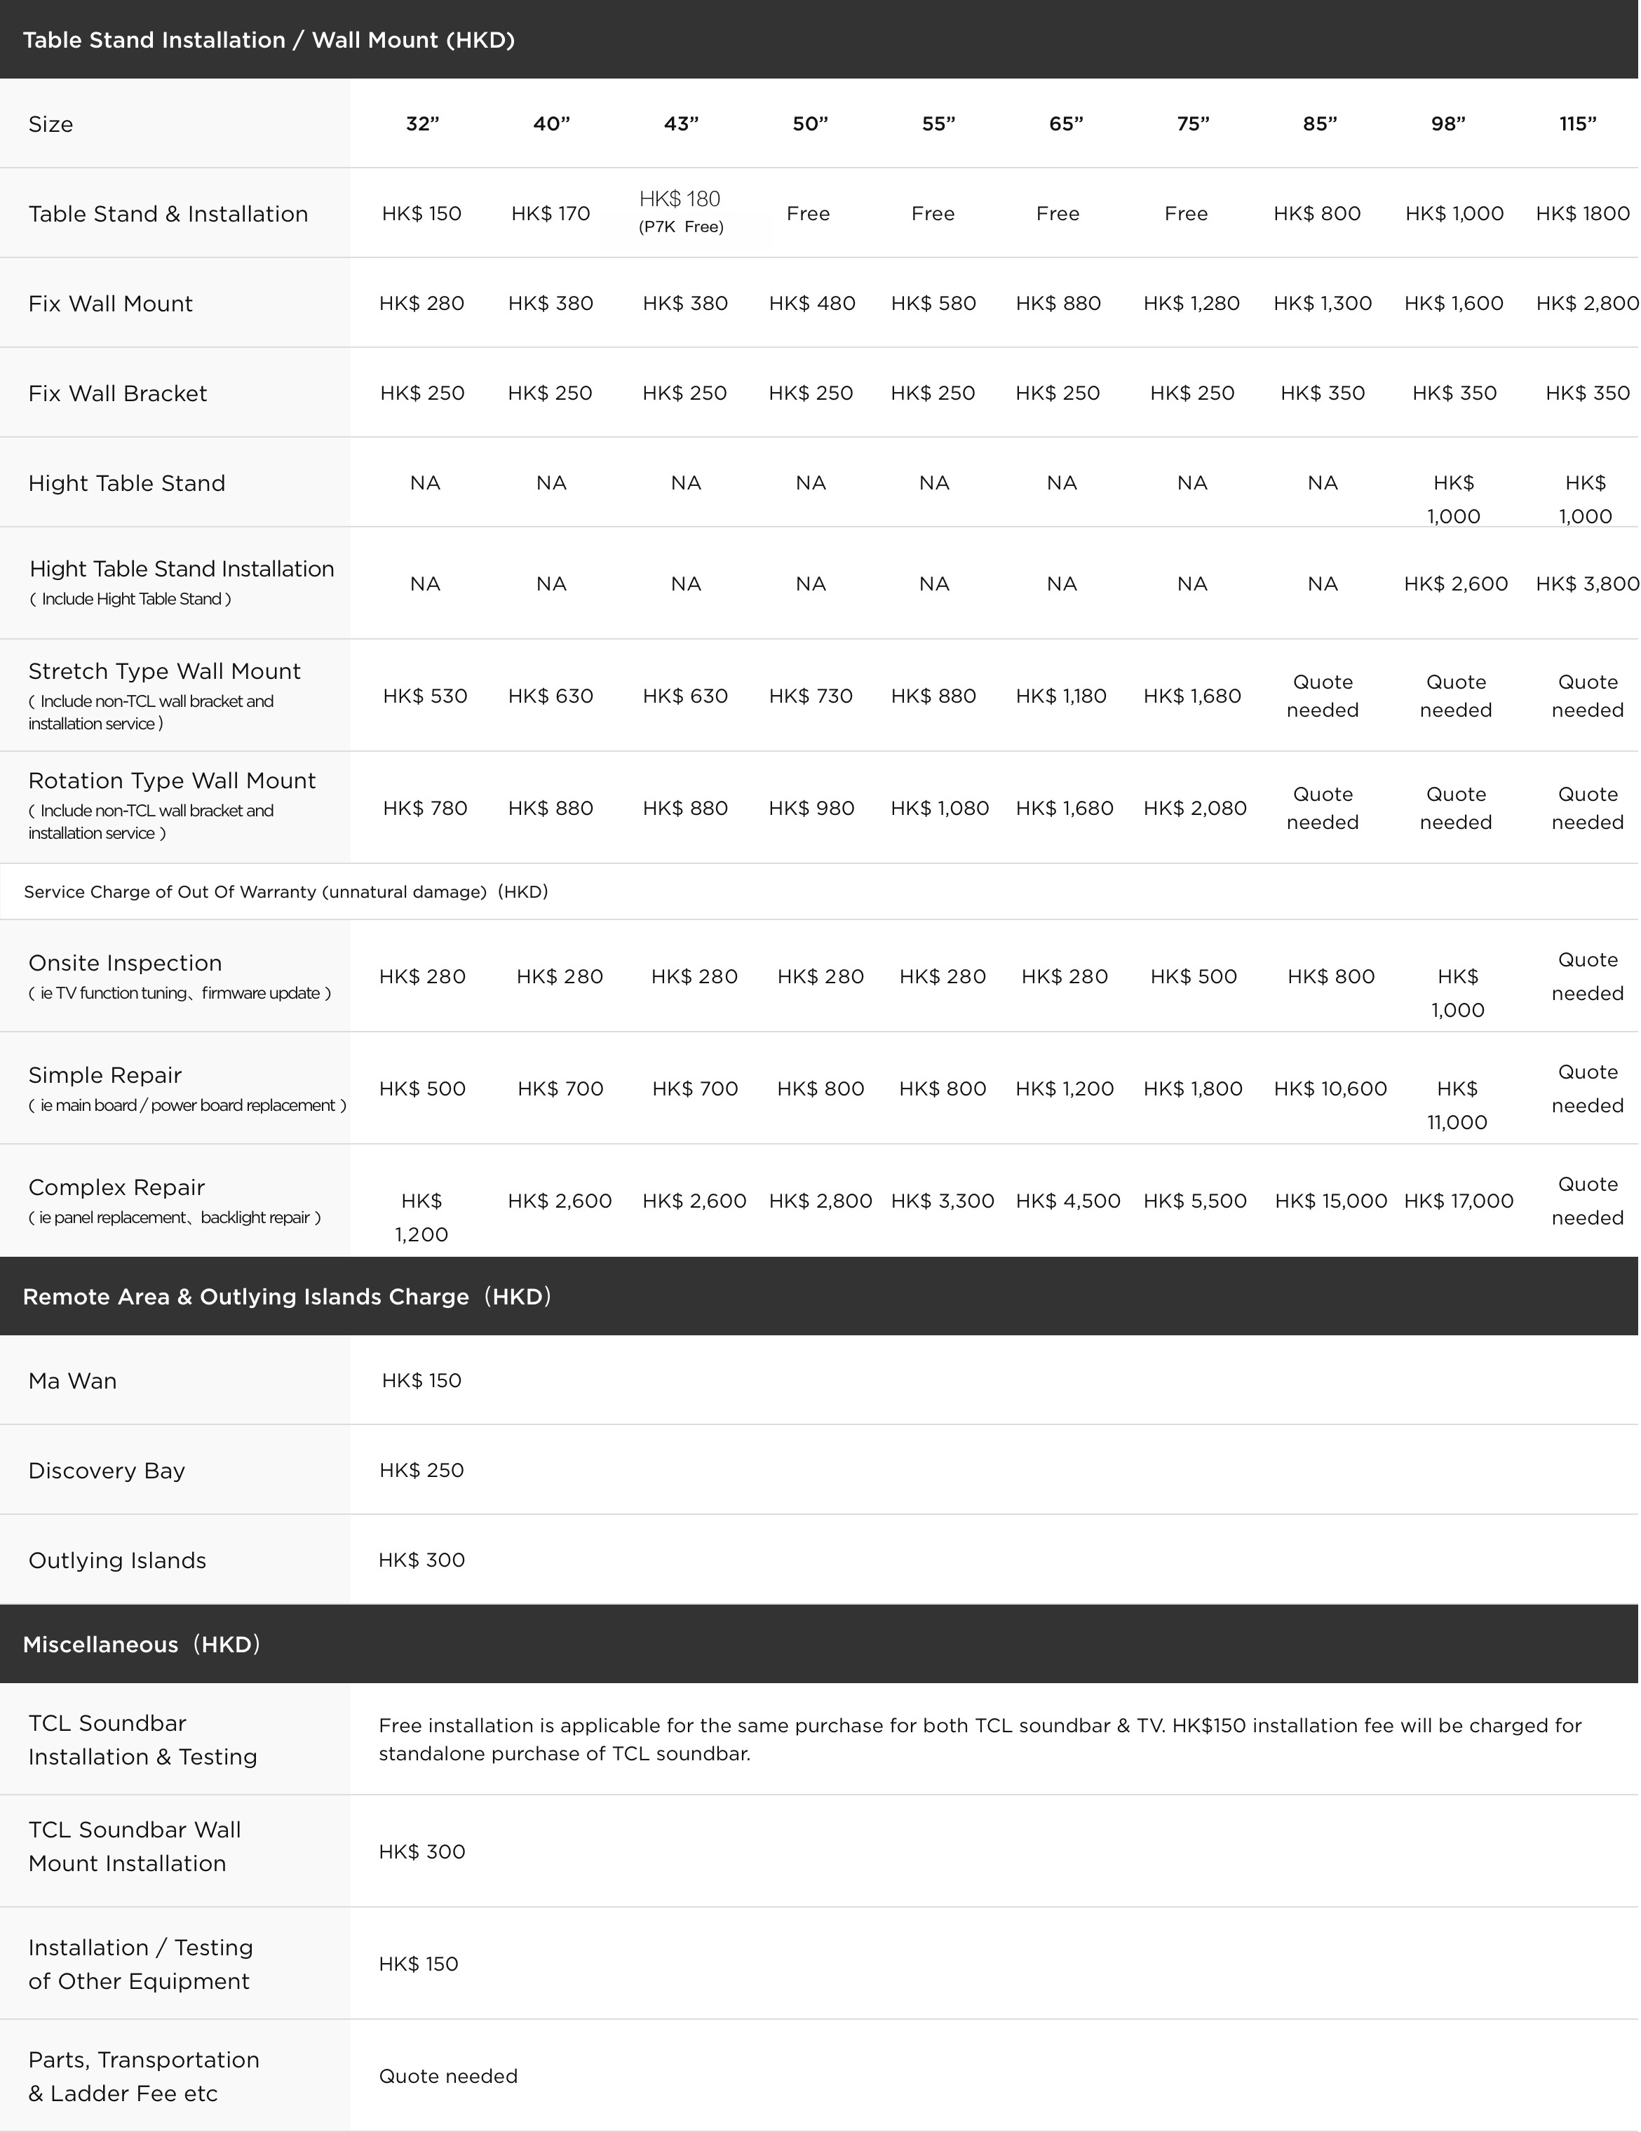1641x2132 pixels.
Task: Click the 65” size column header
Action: (x=1065, y=124)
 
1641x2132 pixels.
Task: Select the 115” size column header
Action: (x=1578, y=124)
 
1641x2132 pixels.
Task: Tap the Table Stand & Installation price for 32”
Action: (x=421, y=214)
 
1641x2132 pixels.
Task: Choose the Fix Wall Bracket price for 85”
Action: (x=1322, y=393)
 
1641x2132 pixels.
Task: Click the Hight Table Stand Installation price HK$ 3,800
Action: (x=1586, y=583)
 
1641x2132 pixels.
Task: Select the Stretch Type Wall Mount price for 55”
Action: (x=933, y=696)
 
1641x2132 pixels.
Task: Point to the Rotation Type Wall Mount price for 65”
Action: (x=1064, y=809)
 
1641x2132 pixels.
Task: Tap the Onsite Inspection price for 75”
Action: (x=1193, y=976)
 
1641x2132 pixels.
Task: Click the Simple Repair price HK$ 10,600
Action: (x=1330, y=1088)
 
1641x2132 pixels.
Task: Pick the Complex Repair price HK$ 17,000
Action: (x=1459, y=1201)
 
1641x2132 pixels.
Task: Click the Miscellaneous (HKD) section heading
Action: (x=142, y=1644)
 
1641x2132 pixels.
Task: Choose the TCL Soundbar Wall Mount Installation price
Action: (x=421, y=1852)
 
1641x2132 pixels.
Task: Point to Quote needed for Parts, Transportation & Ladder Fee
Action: (x=448, y=2077)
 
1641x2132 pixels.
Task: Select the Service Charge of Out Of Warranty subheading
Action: (x=285, y=892)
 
